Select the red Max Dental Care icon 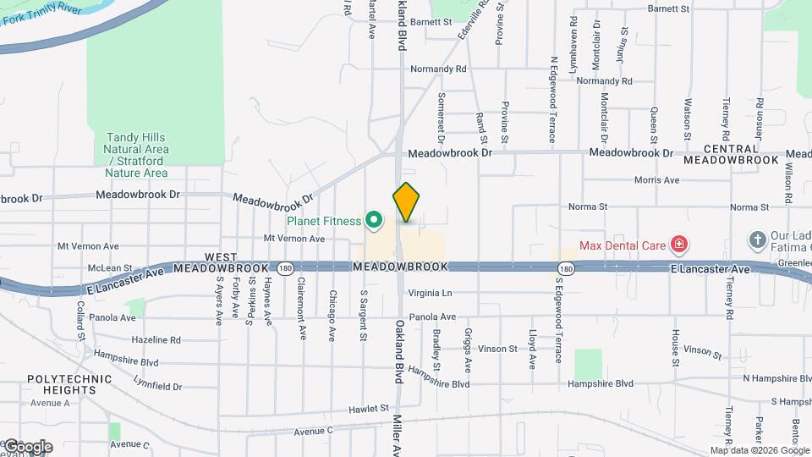[x=678, y=246]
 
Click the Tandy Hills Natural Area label [x=136, y=155]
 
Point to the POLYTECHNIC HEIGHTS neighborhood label [x=61, y=384]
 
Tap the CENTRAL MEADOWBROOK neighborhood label [x=730, y=153]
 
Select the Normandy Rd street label [x=438, y=69]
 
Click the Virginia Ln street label [x=431, y=294]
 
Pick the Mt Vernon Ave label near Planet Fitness [x=294, y=239]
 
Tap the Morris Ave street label [x=657, y=180]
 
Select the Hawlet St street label [x=368, y=409]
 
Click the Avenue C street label [x=315, y=431]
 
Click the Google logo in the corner [x=27, y=446]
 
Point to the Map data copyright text [x=759, y=450]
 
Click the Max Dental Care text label [x=622, y=246]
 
